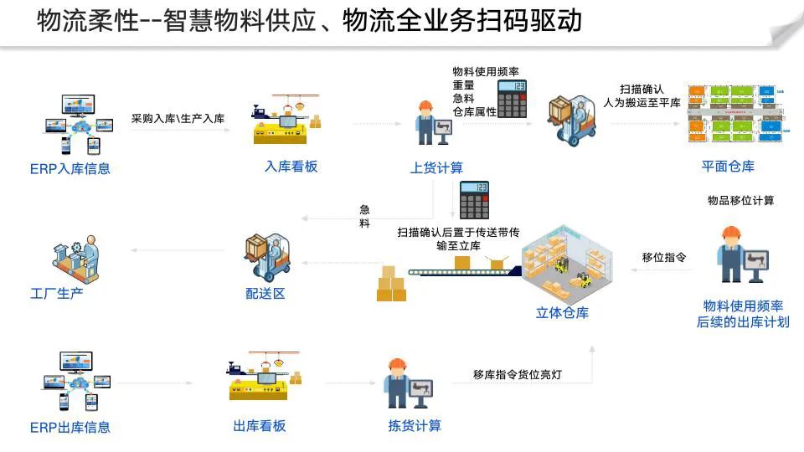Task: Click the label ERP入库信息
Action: [x=70, y=168]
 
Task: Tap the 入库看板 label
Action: [x=291, y=167]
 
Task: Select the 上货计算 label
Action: [x=436, y=167]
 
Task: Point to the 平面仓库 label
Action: [x=728, y=166]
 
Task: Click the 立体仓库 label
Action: [x=562, y=313]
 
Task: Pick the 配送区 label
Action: [x=265, y=294]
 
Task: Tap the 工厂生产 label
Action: [x=57, y=293]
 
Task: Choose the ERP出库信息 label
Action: [x=70, y=427]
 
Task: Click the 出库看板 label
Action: [x=259, y=425]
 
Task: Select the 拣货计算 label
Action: [x=414, y=425]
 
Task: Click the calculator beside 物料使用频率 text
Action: [x=512, y=98]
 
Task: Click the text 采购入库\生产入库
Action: [x=178, y=119]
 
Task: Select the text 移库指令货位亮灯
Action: [x=517, y=374]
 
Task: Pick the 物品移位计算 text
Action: [x=740, y=200]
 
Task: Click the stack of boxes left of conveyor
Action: [x=390, y=285]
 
